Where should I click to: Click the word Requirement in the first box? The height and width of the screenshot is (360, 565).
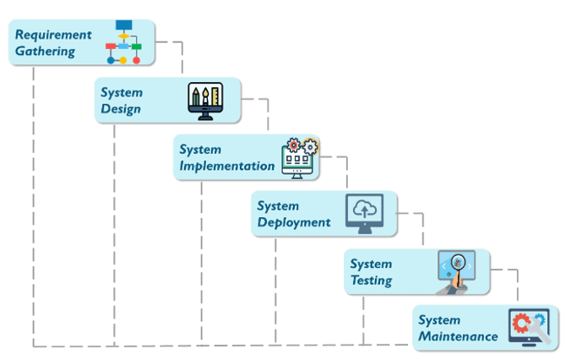point(53,35)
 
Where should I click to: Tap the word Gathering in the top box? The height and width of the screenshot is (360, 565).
point(45,52)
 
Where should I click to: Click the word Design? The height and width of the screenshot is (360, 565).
point(121,109)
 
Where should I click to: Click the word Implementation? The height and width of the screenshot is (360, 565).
point(226,166)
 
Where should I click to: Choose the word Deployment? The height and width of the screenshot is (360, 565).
point(294,222)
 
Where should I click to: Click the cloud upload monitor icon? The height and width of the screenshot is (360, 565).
point(364,213)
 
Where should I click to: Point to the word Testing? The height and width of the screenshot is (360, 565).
point(371,281)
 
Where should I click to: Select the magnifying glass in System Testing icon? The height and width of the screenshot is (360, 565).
point(457,265)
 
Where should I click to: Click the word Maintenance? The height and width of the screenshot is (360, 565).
point(458,336)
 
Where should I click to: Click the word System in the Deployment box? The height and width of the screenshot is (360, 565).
point(279,205)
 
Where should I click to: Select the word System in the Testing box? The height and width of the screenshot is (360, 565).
point(371,264)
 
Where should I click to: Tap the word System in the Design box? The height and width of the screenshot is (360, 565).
point(122,92)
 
